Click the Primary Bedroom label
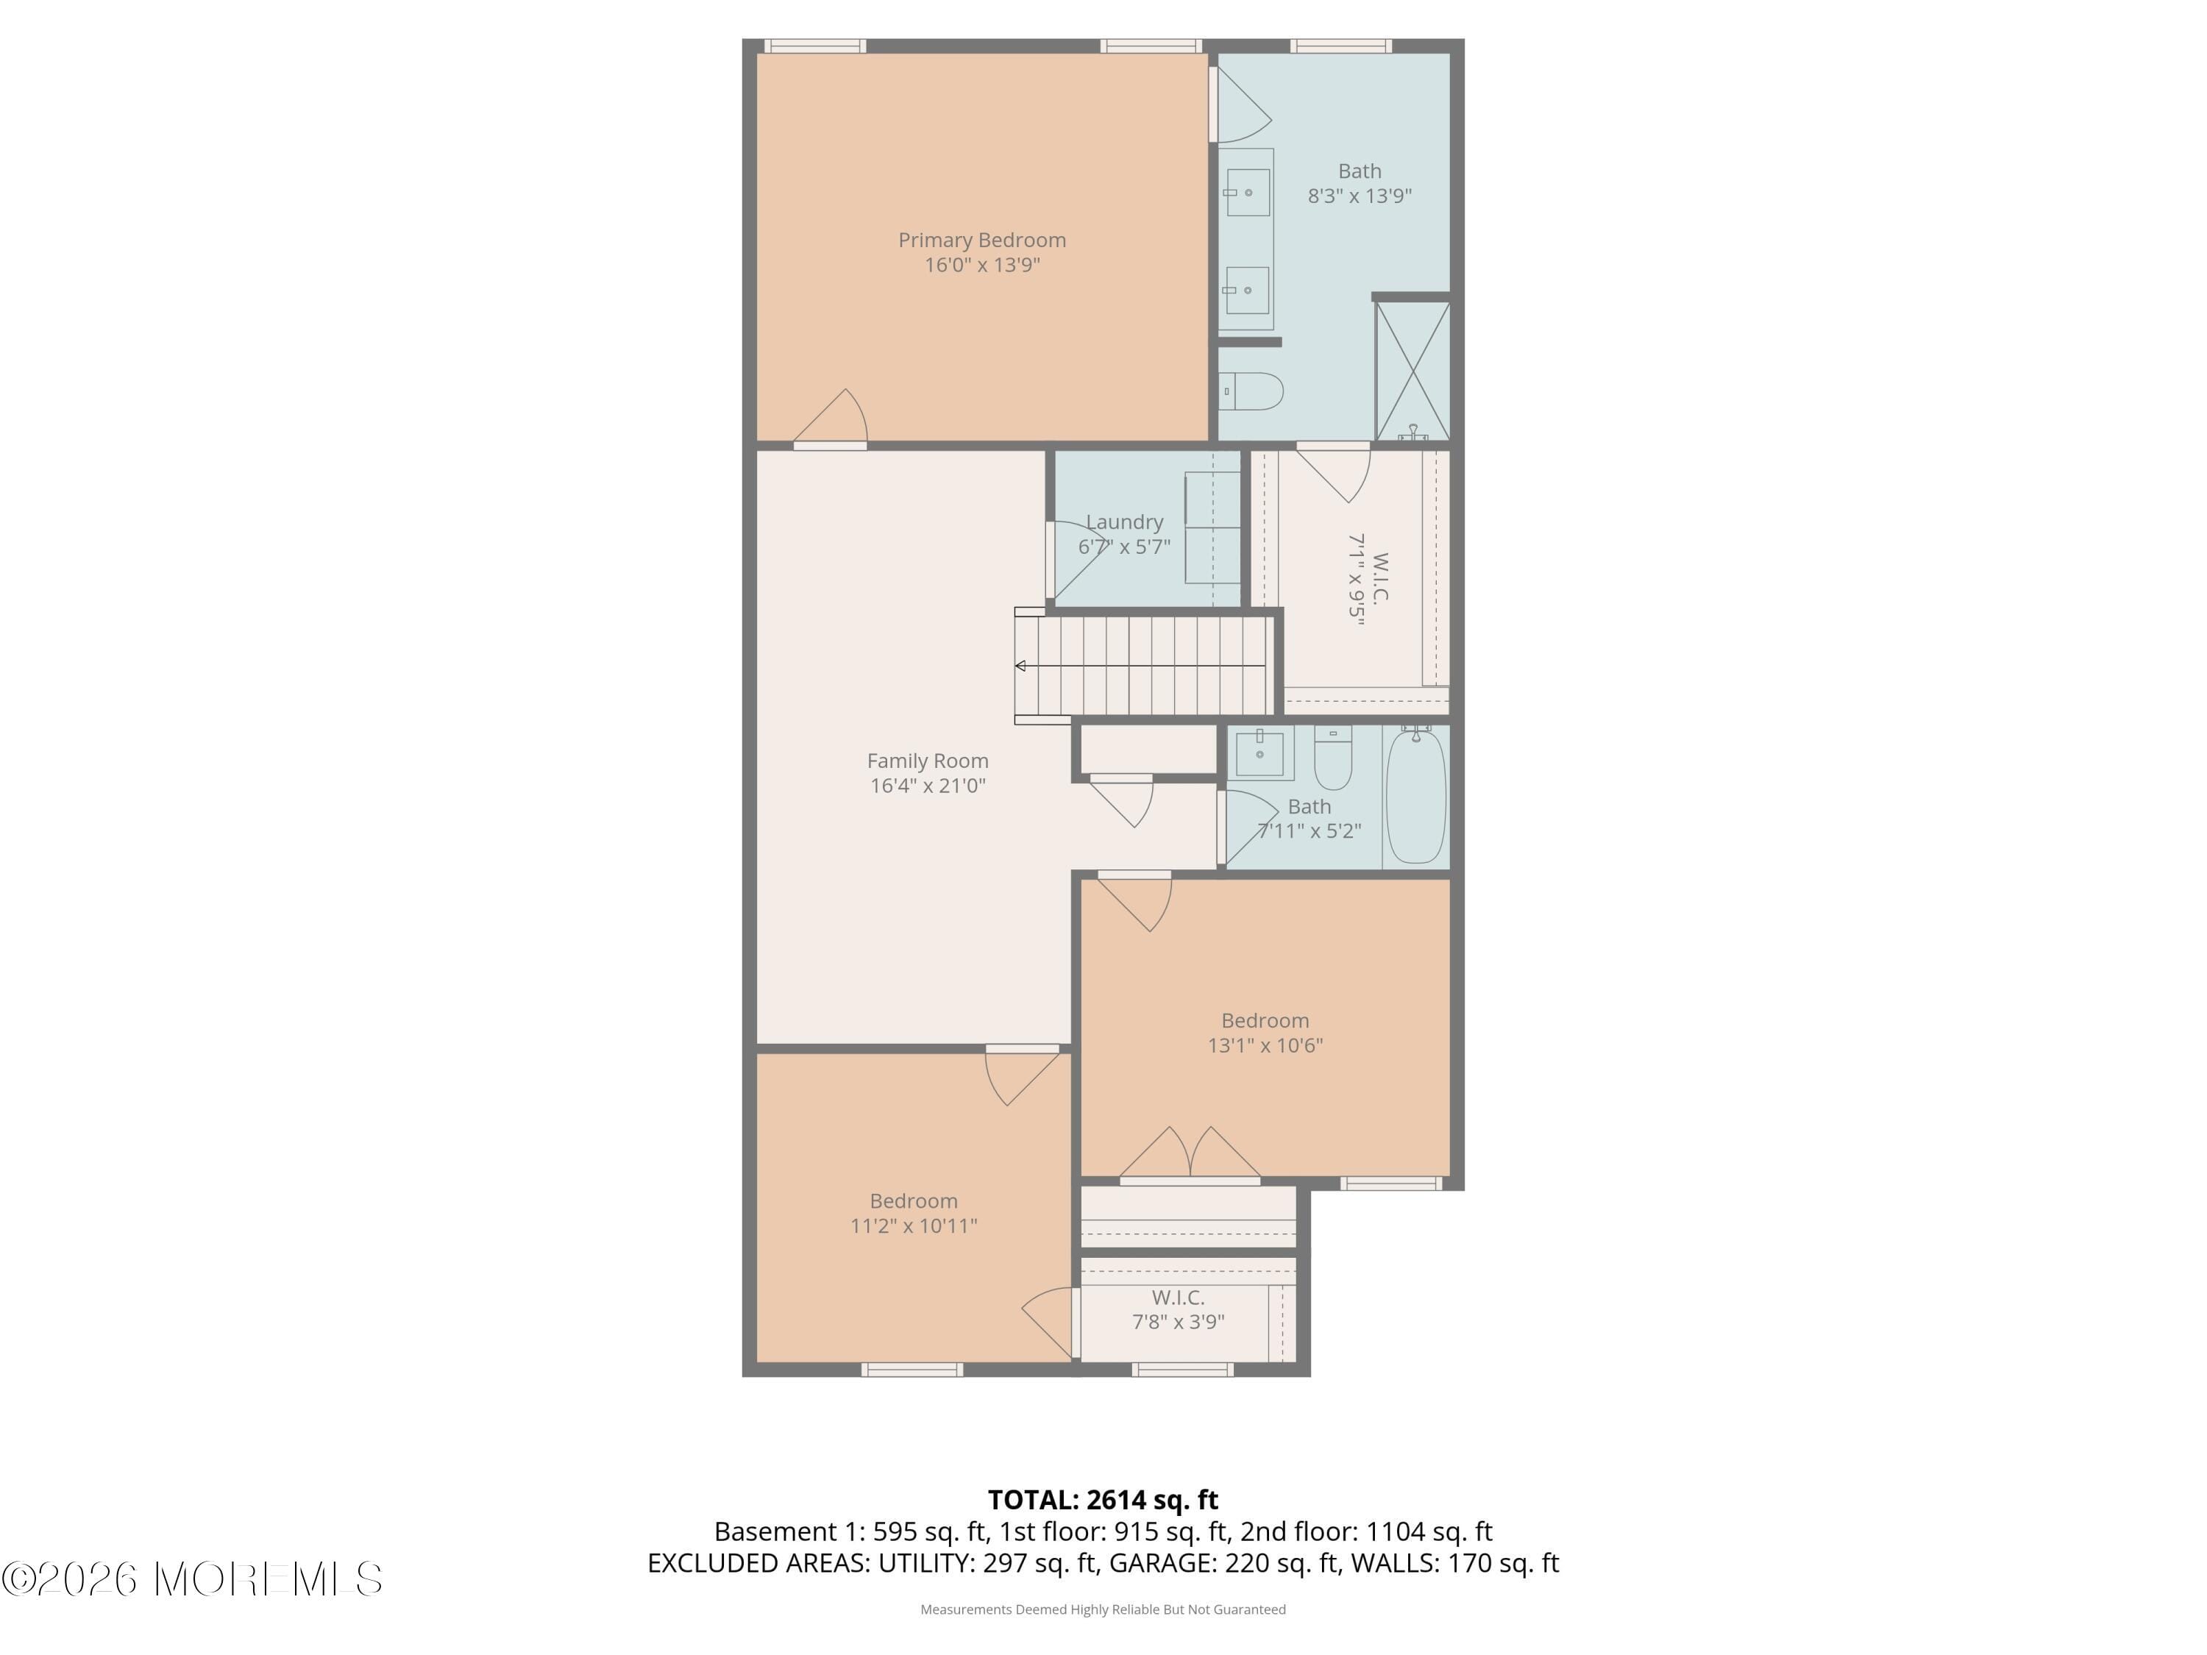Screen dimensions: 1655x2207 coord(982,241)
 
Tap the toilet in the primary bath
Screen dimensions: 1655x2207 coord(1252,392)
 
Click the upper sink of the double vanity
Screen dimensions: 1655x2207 coord(1247,193)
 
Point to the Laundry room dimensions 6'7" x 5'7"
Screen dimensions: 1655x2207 coord(1123,547)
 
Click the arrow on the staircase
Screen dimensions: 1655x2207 coord(1020,666)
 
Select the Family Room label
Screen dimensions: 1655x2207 coord(927,761)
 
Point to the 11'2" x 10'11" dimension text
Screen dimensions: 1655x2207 coord(913,1226)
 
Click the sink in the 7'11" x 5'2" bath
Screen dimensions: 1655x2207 coord(1259,752)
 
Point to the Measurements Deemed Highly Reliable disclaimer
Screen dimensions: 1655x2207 coord(1103,1609)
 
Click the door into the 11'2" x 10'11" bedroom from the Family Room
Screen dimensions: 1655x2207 coord(1022,1075)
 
